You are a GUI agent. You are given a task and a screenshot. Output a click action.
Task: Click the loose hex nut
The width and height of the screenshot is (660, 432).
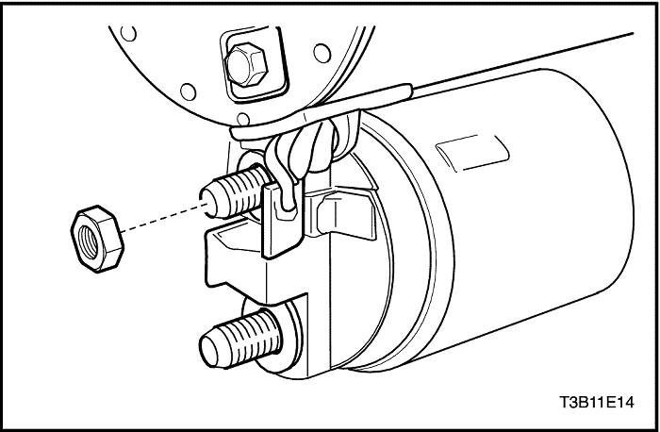pos(97,239)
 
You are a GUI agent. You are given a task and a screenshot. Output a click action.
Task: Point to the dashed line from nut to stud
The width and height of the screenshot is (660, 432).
pos(164,217)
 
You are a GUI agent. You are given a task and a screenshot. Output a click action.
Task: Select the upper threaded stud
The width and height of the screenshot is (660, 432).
pos(235,192)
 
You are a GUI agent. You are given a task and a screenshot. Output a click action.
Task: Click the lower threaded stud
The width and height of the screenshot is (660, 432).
pos(240,339)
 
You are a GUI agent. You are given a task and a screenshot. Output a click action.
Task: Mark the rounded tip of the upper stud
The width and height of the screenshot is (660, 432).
pos(207,201)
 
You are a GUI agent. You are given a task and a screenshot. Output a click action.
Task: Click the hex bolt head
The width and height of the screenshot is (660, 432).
pos(246,65)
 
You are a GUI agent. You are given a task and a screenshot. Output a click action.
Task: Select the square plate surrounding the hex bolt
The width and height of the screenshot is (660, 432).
pos(254,65)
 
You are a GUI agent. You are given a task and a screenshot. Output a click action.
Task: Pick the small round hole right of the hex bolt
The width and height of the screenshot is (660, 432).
pos(322,54)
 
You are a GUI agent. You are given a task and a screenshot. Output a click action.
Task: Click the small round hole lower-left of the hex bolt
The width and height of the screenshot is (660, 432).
pos(189,91)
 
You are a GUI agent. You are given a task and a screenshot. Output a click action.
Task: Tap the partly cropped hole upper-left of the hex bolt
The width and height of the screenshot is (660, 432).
pos(128,33)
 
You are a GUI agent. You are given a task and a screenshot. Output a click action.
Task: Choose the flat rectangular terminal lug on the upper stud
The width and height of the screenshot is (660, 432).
pos(282,220)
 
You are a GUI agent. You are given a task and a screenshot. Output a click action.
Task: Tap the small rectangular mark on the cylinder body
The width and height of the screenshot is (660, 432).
pos(472,153)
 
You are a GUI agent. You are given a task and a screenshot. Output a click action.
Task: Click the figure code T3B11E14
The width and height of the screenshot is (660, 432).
pos(597,402)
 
